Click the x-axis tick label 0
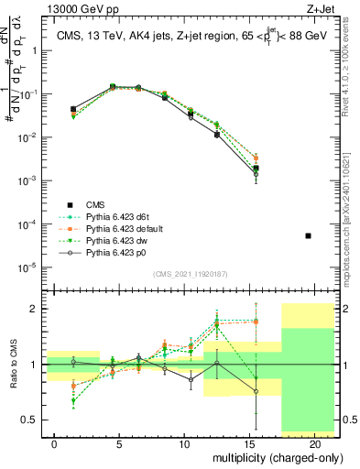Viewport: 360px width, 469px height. coord(56,443)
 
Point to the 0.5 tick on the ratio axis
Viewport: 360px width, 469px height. coord(29,420)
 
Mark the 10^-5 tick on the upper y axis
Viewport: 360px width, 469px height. coord(27,267)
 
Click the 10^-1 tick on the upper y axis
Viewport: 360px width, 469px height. coord(27,93)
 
